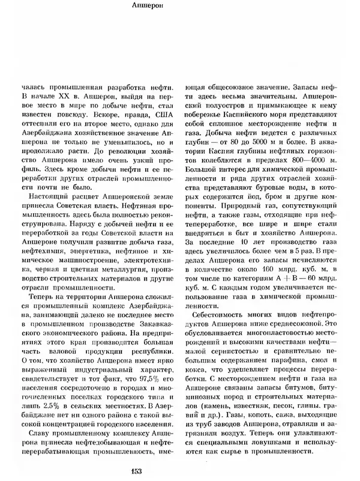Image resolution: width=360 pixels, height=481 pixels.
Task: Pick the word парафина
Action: pyautogui.click(x=288, y=362)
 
